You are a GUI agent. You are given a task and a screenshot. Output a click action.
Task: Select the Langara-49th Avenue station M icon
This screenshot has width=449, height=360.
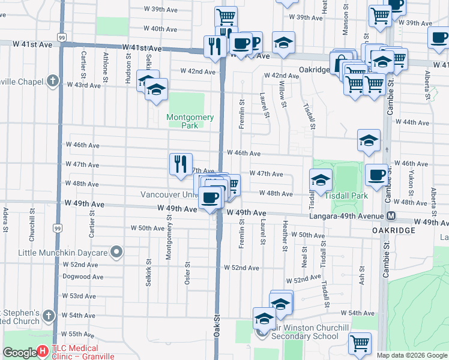coord(391,215)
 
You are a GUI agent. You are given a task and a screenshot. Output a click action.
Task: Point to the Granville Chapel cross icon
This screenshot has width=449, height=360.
coord(53,80)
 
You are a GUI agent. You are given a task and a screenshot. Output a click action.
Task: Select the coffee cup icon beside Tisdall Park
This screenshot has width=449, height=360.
coord(376,175)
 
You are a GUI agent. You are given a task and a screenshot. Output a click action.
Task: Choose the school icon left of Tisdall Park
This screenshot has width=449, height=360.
coord(321,179)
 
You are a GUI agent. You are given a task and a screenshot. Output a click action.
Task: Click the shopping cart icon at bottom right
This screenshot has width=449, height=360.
coord(360,343)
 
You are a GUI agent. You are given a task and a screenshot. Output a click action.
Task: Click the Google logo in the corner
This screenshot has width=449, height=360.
coord(20,353)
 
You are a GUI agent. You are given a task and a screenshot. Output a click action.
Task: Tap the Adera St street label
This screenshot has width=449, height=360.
coord(5,220)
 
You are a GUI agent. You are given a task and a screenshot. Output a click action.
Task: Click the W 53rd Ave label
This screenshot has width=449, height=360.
coord(83,296)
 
